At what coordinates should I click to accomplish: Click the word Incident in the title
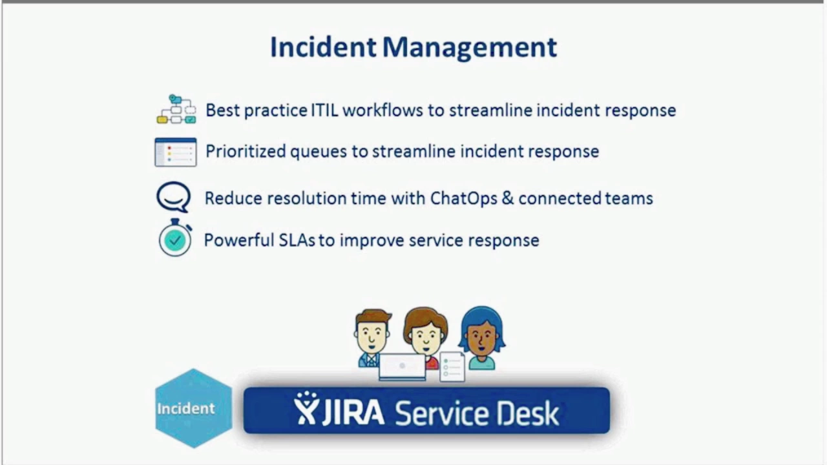point(323,47)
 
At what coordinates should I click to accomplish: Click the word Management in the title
point(470,48)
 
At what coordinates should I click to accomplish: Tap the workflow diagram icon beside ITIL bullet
point(176,109)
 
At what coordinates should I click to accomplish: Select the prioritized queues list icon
point(176,152)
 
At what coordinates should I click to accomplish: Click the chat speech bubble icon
point(174,197)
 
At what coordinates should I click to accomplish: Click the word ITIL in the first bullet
point(324,110)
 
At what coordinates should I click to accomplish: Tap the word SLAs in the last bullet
point(297,240)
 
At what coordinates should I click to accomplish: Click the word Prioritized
point(246,151)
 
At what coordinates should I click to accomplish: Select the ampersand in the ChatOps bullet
point(508,198)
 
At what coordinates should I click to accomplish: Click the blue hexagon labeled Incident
point(194,408)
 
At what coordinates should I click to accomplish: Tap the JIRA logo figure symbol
point(306,408)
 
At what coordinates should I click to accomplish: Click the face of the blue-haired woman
point(481,338)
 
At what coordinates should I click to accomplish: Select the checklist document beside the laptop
point(452,367)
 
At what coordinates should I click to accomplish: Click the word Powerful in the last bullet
point(239,240)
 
